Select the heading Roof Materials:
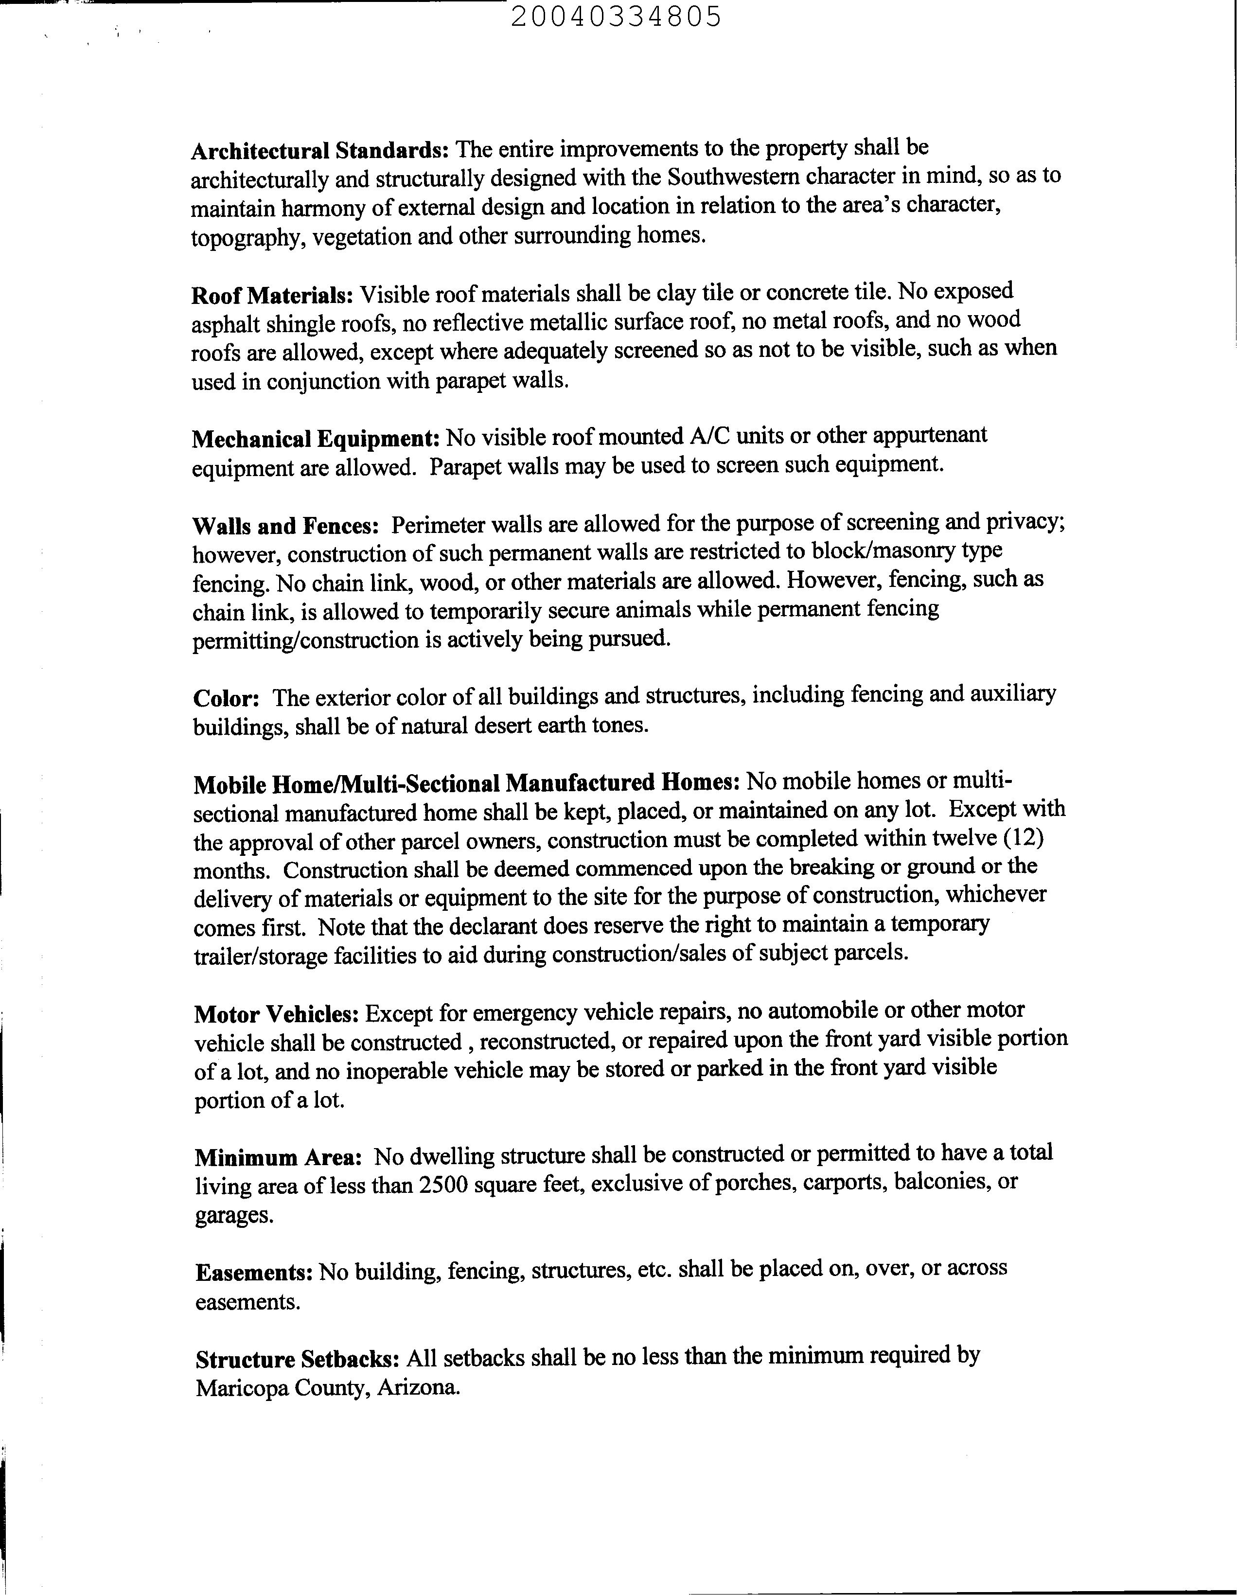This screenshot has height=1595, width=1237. click(x=272, y=296)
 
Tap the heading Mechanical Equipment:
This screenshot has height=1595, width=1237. click(x=316, y=439)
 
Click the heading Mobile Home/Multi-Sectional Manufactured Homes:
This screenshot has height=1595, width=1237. click(x=467, y=783)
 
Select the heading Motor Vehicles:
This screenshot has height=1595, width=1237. click(x=276, y=1014)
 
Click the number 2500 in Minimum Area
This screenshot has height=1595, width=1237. click(x=442, y=1185)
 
